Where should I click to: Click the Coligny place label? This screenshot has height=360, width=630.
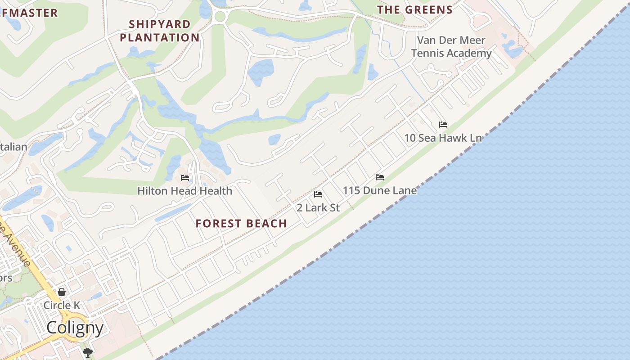(75, 328)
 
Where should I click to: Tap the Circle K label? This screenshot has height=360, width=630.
(62, 306)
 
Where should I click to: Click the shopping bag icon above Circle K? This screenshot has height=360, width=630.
(62, 292)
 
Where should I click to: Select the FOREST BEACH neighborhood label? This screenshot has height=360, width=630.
(241, 224)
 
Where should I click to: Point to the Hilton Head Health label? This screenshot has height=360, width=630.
(184, 191)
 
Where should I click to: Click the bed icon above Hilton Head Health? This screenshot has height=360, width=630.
(184, 178)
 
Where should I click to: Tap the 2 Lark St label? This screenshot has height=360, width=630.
(318, 207)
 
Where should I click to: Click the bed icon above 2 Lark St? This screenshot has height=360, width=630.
(318, 194)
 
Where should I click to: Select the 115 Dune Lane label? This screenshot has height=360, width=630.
(380, 190)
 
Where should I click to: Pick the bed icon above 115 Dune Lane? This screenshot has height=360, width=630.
(380, 177)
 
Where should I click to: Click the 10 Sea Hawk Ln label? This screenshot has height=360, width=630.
(443, 138)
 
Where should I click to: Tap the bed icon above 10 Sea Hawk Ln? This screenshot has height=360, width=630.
(443, 124)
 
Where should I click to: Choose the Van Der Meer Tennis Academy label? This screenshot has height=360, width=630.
(451, 47)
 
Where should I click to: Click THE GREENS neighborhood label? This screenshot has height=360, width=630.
(414, 10)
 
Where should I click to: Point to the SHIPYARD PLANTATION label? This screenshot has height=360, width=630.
(160, 31)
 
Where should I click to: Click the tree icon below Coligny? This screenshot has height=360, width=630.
(87, 352)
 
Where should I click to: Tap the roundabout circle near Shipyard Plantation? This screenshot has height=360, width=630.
(220, 17)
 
